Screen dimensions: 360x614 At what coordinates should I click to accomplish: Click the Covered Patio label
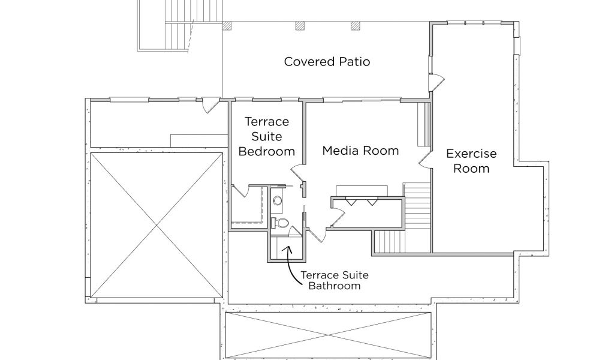point(327,62)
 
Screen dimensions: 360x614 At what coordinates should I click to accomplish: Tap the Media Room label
point(360,150)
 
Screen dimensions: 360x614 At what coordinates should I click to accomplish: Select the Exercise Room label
point(471,161)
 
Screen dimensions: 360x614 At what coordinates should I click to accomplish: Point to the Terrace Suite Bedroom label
point(267,136)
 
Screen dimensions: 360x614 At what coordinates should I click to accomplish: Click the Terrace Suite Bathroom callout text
point(334,280)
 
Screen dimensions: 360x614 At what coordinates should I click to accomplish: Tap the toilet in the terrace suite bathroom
point(281,223)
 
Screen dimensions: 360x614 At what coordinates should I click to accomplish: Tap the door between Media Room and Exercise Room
point(423,158)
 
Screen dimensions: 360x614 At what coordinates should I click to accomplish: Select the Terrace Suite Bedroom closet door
point(240,191)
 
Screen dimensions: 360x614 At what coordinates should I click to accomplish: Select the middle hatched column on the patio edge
point(300,26)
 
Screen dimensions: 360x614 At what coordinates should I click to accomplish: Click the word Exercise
point(471,154)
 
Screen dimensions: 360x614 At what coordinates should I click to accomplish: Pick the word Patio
point(354,62)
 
